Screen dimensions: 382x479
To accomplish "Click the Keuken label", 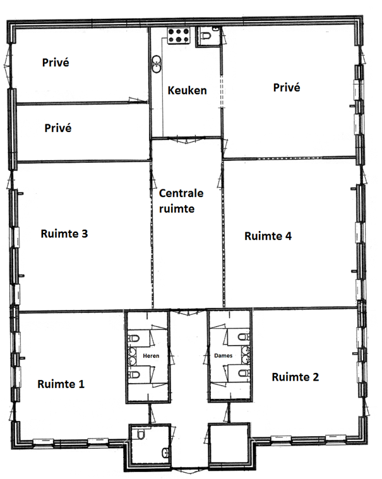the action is pos(187,90).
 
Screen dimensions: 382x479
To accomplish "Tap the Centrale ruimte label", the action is pos(181,201).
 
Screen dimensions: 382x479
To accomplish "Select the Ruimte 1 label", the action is pos(61,384).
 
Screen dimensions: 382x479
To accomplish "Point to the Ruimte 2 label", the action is pos(295,377).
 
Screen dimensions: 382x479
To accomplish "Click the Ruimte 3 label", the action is pos(64,234).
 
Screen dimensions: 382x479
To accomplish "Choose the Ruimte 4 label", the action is pos(268,236).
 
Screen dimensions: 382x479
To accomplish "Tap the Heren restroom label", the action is pos(151,356).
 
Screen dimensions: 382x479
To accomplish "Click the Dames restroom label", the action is pos(223,355).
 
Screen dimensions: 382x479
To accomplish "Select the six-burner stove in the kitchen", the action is pos(179,35).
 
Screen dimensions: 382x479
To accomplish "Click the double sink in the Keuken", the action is pos(157,64).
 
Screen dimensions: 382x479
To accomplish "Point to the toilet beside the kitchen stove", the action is pos(206,36).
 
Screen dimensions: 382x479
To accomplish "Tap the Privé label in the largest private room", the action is pos(287,88).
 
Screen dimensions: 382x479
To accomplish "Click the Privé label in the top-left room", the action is pos(56,62).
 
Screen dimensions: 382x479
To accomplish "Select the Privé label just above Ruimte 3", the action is pos(57,128).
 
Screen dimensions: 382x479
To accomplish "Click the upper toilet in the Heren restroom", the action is pos(134,338).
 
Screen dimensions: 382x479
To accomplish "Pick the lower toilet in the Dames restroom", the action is pos(244,374).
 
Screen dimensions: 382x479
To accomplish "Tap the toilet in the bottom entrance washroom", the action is pos(141,434).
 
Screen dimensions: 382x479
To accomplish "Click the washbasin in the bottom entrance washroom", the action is pos(165,452).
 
